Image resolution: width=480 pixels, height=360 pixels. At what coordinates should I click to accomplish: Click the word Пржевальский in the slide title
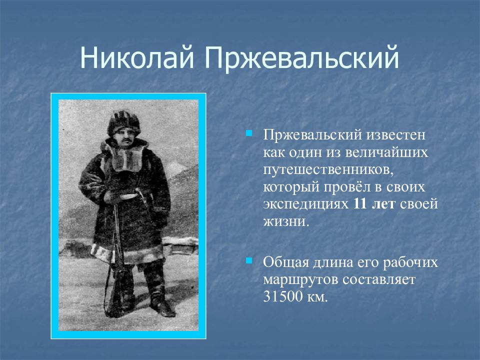(x=301, y=58)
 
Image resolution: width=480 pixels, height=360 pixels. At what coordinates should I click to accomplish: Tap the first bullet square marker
(x=249, y=133)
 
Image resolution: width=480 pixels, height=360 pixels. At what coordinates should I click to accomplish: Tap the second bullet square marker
(x=249, y=261)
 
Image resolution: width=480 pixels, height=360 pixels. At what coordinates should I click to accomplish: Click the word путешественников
(x=328, y=170)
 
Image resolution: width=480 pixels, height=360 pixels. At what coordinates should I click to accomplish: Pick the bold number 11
(x=360, y=204)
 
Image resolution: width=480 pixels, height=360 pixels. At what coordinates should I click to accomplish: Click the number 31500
(x=282, y=296)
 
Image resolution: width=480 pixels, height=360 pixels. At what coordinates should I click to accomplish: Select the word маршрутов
(x=300, y=280)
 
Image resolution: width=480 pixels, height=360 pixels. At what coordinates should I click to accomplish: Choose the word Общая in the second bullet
(x=285, y=262)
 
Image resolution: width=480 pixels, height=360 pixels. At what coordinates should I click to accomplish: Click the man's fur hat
(x=123, y=122)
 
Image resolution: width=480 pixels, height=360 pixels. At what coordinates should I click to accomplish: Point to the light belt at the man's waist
(x=128, y=196)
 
